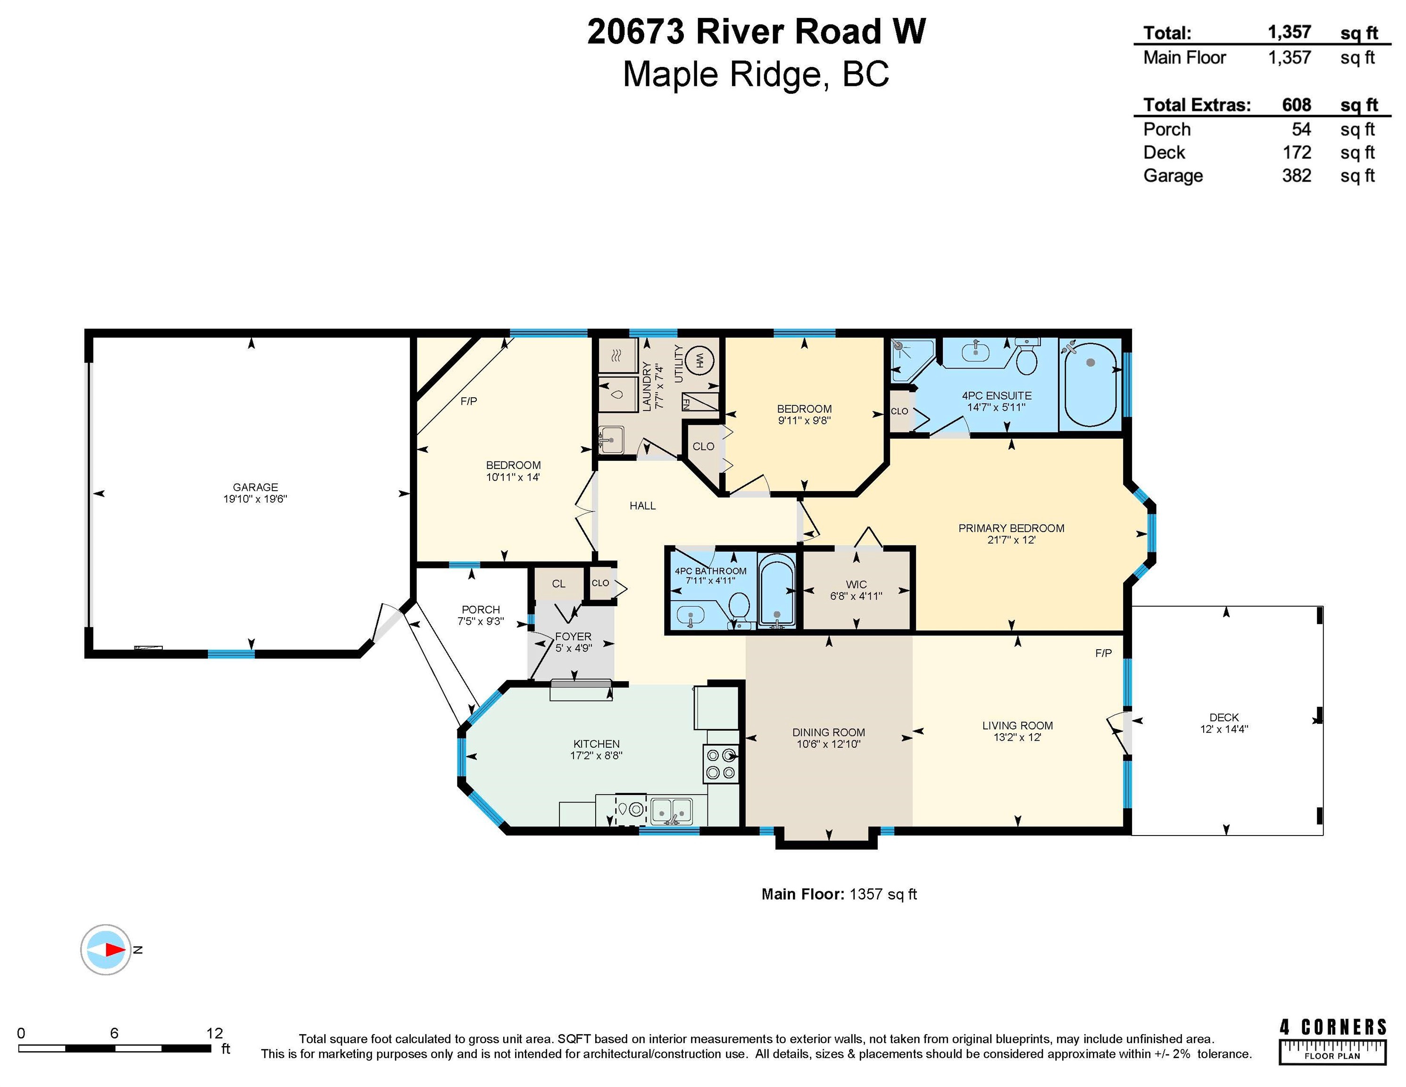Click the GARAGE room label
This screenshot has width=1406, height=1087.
coord(256,487)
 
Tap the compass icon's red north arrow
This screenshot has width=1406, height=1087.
coord(116,950)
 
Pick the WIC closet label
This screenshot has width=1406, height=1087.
coord(856,585)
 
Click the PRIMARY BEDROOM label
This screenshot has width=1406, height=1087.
coord(1011,528)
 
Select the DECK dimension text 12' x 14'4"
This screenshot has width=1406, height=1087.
coord(1224,729)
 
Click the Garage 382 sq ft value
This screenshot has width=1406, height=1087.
coord(1297,176)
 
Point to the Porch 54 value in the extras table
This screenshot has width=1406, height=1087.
coord(1301,129)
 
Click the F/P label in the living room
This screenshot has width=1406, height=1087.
coord(1103,653)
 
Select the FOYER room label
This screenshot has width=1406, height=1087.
coord(573,636)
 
